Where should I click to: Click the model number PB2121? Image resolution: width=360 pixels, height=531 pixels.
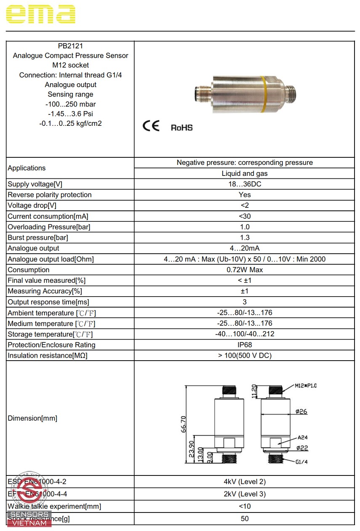point(70,46)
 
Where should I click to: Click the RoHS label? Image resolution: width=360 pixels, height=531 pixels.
point(181,127)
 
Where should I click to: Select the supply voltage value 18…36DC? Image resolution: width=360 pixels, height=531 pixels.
point(244,184)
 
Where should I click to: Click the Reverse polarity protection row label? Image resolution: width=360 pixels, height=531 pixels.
point(50,195)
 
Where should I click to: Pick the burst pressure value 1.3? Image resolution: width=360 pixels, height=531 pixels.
point(244,238)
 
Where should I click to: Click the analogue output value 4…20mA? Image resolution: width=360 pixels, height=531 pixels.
point(244,248)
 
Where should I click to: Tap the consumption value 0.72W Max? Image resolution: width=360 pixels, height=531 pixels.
point(244,270)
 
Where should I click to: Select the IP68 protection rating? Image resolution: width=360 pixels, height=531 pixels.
point(244,345)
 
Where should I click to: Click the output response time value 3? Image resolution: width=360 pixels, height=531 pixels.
point(244,302)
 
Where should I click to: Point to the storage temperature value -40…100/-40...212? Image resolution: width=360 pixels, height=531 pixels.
point(244,334)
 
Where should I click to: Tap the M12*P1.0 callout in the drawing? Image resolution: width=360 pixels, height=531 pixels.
point(305,385)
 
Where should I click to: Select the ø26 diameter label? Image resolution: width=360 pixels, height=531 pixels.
point(301,412)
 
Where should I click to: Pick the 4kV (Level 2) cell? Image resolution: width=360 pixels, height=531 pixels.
point(244,482)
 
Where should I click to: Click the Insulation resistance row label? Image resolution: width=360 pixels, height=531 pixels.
point(48,356)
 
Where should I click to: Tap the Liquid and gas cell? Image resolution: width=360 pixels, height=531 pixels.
point(244,173)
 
